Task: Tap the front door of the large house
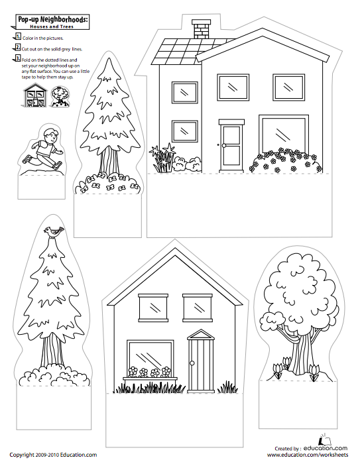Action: tap(232, 145)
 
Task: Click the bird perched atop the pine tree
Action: tap(54, 231)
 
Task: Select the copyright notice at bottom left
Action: tap(54, 455)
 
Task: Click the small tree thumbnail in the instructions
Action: tap(58, 97)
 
